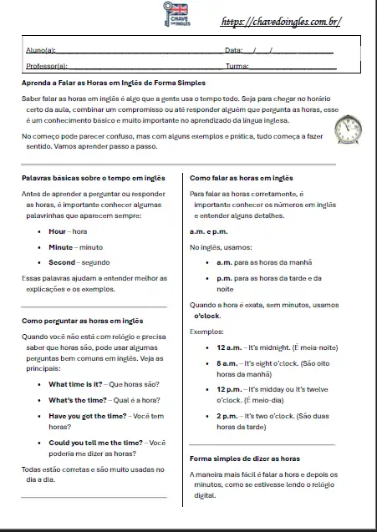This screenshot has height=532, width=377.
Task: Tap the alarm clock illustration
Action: pyautogui.click(x=347, y=129)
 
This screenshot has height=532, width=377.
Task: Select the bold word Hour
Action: pyautogui.click(x=57, y=231)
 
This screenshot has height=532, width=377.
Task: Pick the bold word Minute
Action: pyautogui.click(x=60, y=246)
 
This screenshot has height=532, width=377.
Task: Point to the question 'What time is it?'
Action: pyautogui.click(x=75, y=384)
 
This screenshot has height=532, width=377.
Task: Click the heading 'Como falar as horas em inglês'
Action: pyautogui.click(x=242, y=178)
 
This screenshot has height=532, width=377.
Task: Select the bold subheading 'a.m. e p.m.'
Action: pyautogui.click(x=209, y=231)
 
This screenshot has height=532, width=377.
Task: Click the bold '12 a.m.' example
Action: pyautogui.click(x=228, y=346)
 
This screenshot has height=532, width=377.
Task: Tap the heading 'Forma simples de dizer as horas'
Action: pyautogui.click(x=243, y=459)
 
